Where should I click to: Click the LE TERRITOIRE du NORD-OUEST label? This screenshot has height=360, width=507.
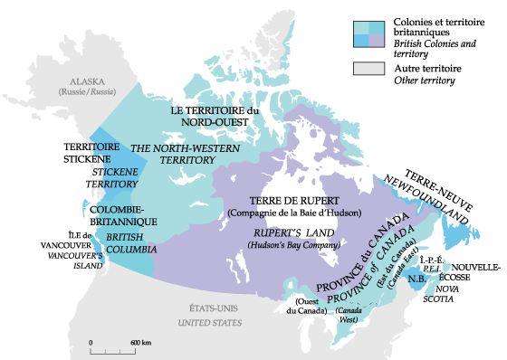coord(215,116)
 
